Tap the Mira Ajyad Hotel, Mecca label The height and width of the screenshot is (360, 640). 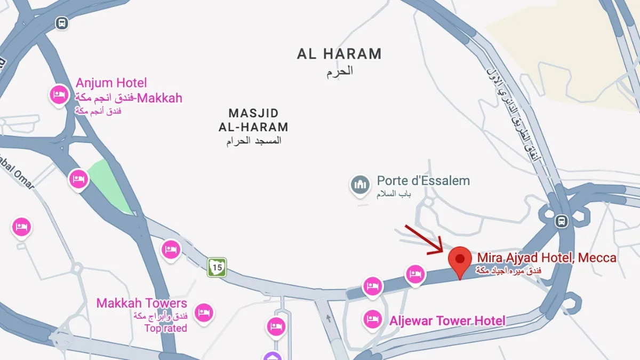point(547,258)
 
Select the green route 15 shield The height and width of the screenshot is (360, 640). point(217,267)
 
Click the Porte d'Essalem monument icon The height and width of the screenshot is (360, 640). point(360,185)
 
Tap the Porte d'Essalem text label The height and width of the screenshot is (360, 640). point(423,181)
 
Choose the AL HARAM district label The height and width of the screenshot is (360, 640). point(339,54)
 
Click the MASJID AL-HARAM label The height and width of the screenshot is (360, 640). point(253,121)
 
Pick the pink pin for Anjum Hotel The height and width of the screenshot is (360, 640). point(59,95)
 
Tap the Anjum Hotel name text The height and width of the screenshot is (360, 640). point(111,83)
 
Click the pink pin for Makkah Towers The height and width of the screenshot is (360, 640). point(203,312)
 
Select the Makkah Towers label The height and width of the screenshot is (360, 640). point(141,303)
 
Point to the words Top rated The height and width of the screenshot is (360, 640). point(165,328)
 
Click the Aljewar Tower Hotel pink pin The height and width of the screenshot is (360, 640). point(372,319)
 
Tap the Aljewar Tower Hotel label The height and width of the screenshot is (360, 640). point(447,321)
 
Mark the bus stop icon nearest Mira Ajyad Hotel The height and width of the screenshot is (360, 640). point(561,221)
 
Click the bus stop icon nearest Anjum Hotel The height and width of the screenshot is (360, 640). point(62,23)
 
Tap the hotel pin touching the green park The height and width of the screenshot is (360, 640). point(78,179)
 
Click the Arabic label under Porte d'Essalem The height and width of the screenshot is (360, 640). point(394,194)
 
